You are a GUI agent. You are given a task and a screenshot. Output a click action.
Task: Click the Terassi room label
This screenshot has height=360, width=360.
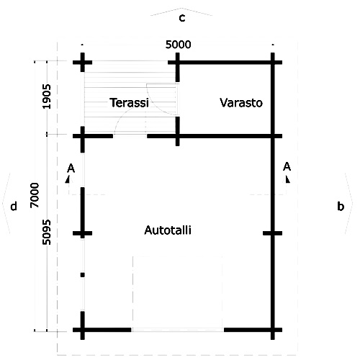129,103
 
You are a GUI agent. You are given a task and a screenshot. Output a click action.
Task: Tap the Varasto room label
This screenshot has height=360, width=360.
241,103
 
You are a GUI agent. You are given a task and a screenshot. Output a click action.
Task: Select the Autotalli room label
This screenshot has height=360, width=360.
168,230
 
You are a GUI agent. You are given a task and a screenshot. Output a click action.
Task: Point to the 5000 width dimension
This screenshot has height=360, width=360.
179,45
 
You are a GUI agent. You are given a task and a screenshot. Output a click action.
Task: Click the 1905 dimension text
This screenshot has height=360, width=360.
47,96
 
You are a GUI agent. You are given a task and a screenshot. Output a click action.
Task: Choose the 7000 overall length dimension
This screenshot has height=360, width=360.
35,195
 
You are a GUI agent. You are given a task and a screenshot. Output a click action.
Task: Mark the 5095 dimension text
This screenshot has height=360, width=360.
47,232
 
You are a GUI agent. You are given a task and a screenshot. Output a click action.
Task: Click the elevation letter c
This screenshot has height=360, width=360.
182,18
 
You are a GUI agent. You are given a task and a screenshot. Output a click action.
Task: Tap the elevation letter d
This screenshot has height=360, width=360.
14,206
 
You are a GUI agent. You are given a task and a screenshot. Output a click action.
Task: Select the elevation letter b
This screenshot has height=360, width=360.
341,206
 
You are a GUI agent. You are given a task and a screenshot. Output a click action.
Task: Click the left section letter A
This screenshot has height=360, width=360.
71,168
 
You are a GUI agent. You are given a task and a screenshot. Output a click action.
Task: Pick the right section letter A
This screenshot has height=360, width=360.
287,166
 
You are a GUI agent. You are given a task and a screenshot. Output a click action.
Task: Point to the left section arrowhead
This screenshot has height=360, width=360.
68,179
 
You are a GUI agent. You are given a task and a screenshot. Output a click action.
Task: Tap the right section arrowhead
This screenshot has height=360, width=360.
287,179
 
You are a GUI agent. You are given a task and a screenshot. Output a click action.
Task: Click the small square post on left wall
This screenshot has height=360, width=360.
83,275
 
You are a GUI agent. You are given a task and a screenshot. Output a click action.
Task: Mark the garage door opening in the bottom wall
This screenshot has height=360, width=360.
178,330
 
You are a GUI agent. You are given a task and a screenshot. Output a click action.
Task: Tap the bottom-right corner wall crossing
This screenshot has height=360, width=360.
273,330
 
